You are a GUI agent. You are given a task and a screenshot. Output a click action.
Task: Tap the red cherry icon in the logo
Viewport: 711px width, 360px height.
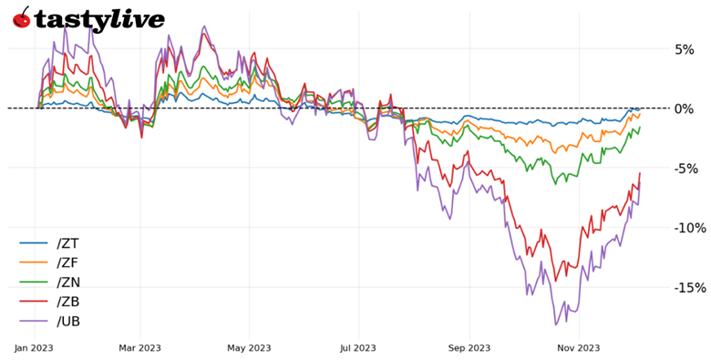coord(21,18)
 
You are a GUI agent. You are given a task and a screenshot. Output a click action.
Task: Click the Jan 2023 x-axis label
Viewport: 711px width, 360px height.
coord(34,347)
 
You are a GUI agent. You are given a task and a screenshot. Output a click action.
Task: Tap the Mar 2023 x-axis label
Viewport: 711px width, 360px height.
coord(140,347)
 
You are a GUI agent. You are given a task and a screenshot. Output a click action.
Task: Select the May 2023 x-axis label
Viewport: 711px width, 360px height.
coord(250,347)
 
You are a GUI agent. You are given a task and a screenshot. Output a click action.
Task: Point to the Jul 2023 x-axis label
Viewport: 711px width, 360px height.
coord(357,347)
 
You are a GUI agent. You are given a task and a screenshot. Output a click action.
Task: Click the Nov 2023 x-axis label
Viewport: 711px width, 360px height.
coord(578,347)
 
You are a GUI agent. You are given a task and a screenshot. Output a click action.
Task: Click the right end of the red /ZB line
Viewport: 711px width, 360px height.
coord(640,173)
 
